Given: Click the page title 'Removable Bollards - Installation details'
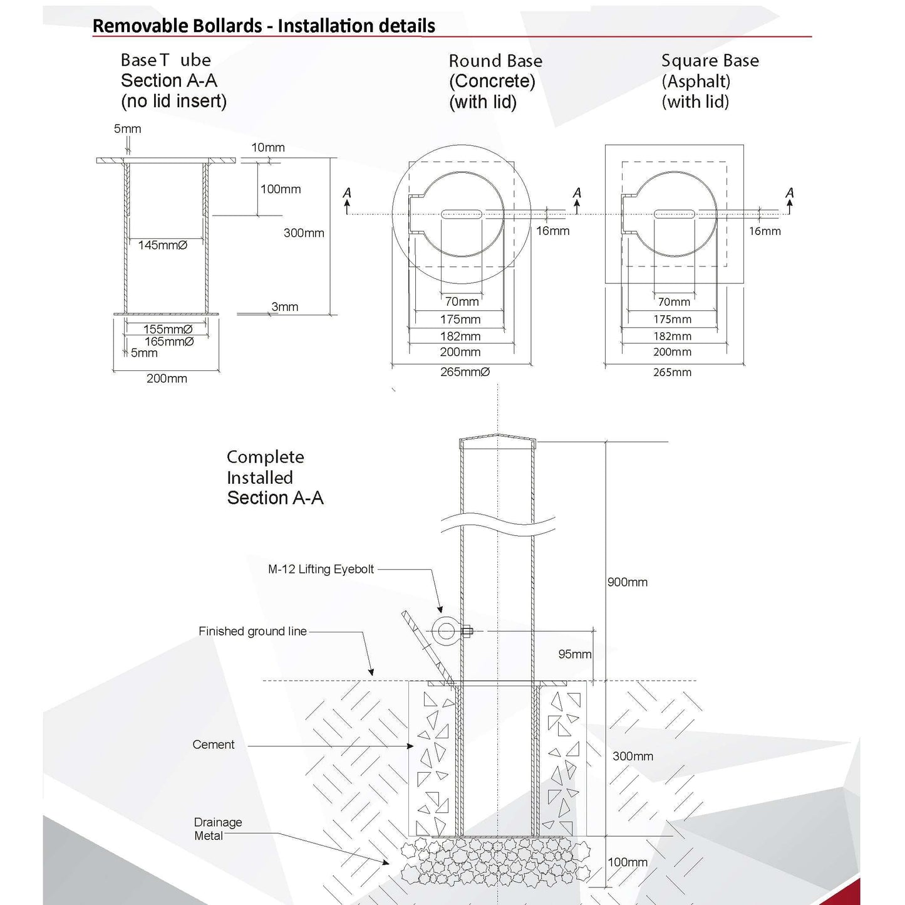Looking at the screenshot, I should [x=264, y=26].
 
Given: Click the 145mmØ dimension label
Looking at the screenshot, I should [x=163, y=246].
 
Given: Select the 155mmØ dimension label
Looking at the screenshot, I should [x=168, y=329].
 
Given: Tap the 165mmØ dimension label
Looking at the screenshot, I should [x=169, y=342].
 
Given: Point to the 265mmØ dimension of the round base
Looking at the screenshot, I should [x=465, y=372].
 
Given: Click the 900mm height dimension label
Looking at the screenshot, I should [x=628, y=582].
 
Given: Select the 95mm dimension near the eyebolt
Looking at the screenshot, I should [x=575, y=655].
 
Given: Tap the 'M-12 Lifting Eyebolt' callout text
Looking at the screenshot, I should [x=321, y=569].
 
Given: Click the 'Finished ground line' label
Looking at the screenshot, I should [x=252, y=631].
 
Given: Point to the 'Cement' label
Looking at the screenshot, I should [x=214, y=745].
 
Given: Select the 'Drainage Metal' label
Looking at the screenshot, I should [x=217, y=829].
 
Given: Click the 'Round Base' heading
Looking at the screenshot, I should [x=495, y=61].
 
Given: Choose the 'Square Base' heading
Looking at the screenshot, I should [x=710, y=61].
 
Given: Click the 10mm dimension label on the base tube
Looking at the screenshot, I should [x=268, y=148].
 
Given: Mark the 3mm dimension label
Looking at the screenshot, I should [x=284, y=307].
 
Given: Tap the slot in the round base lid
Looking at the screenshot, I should [x=462, y=214].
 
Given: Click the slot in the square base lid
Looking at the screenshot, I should [x=675, y=214].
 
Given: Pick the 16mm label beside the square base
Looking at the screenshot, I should [x=765, y=231].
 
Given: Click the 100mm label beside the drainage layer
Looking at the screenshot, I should [x=628, y=862].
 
